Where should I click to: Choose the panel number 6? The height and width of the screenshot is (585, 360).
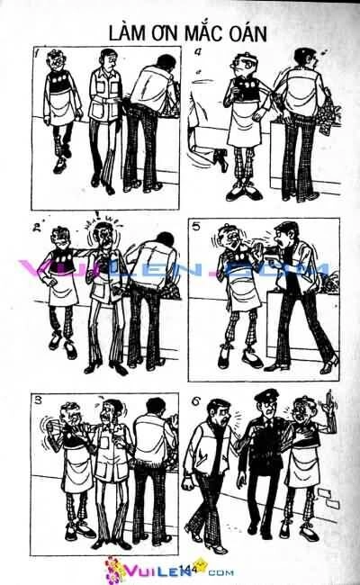pyautogui.click(x=199, y=400)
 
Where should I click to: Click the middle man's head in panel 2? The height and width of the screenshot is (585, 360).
pyautogui.click(x=108, y=236)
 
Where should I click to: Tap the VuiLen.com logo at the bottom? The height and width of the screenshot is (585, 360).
pyautogui.click(x=157, y=569)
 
